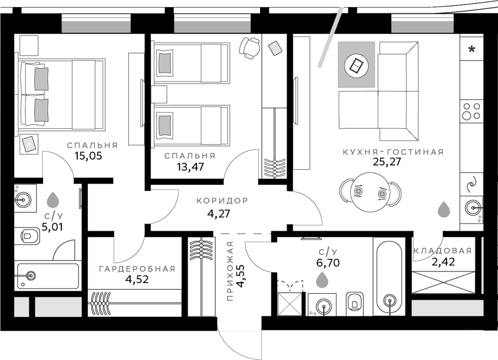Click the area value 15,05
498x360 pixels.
(89, 156)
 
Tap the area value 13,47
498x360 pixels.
(190, 166)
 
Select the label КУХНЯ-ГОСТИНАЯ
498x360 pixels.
(393, 152)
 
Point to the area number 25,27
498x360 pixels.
(387, 161)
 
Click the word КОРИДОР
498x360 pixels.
(222, 201)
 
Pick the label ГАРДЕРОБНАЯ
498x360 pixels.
(137, 269)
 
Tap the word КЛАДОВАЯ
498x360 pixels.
(443, 251)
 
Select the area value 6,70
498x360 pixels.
(328, 263)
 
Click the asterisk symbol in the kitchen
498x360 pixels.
(472, 49)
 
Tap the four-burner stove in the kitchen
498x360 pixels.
(471, 111)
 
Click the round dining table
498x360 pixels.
(370, 192)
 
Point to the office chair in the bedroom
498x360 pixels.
(250, 48)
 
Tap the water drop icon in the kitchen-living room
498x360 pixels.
(444, 210)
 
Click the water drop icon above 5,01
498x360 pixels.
(53, 200)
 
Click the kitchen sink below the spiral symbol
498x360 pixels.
(473, 208)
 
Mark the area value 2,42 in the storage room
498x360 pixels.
(443, 262)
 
